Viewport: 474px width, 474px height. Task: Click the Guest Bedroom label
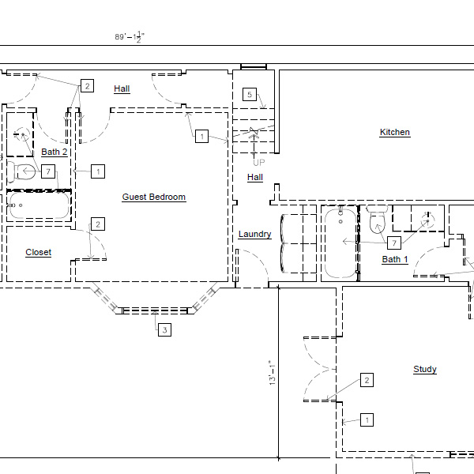(x=154, y=197)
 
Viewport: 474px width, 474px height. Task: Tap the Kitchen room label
(x=395, y=133)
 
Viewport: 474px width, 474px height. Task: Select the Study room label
(x=425, y=370)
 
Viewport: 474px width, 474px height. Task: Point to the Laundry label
(x=255, y=235)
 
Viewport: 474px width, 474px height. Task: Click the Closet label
(x=39, y=253)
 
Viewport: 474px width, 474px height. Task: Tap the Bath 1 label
(x=395, y=260)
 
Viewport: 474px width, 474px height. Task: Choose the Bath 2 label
(x=55, y=152)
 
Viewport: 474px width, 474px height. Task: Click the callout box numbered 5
(x=250, y=94)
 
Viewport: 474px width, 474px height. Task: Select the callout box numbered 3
(x=165, y=329)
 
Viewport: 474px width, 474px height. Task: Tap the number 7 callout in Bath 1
(x=394, y=243)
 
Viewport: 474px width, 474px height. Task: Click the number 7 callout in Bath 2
(x=48, y=171)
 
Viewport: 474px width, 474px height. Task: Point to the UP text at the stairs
(x=259, y=163)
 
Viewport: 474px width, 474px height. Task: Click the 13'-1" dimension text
(x=273, y=373)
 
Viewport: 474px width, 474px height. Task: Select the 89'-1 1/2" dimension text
(x=130, y=37)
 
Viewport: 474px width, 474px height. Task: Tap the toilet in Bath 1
(x=378, y=219)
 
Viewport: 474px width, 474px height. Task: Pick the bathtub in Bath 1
(x=340, y=243)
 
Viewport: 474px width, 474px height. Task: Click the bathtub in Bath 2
(x=39, y=205)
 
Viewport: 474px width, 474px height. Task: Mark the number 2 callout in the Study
(x=367, y=380)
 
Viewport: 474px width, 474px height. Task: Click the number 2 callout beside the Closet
(x=98, y=224)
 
